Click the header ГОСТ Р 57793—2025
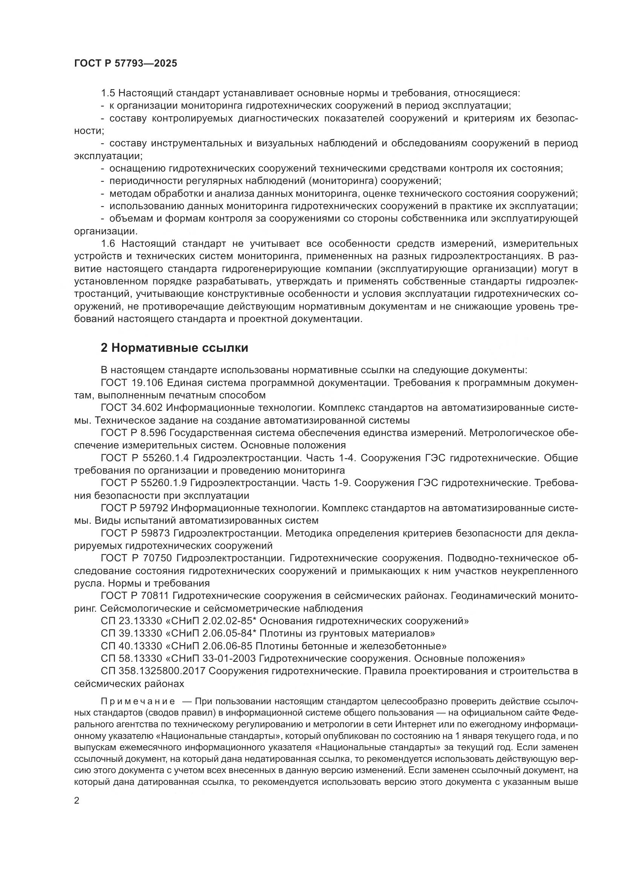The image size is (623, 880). click(125, 64)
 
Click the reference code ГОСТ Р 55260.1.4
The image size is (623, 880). click(145, 458)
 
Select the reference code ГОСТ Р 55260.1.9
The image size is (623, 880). click(145, 483)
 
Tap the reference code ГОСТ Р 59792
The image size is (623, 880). click(134, 508)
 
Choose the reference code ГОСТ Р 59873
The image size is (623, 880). click(134, 533)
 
